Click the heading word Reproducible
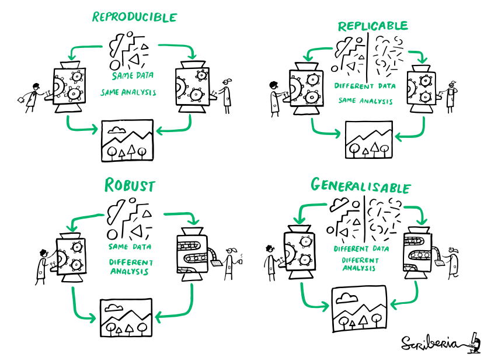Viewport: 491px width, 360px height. pos(134,16)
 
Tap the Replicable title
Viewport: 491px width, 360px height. pos(372,26)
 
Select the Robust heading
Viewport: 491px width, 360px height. pos(130,186)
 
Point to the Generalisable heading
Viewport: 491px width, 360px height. pos(360,186)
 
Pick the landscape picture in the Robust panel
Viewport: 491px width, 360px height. pos(126,317)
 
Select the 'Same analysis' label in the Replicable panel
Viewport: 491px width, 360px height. pos(365,101)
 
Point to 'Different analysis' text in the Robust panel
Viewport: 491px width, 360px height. pos(131,267)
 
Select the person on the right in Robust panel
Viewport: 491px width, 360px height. pos(231,262)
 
